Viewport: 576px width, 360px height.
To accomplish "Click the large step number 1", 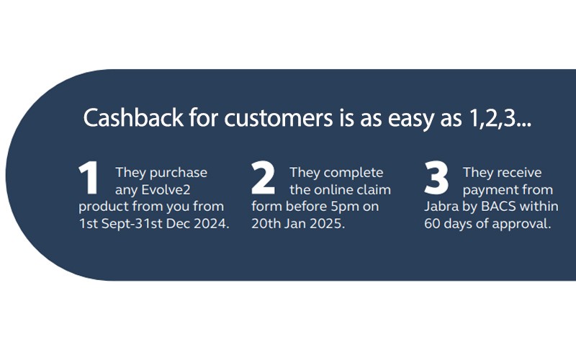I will [x=89, y=179].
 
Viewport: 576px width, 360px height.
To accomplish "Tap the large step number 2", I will [x=264, y=179].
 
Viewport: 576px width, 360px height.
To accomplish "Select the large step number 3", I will [x=436, y=179].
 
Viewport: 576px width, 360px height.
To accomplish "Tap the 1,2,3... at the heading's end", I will [x=496, y=118].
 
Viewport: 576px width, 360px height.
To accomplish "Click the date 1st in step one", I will [x=89, y=224].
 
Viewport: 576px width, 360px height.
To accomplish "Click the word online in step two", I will [x=336, y=190].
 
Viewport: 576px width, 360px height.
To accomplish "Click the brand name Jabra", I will [x=441, y=207].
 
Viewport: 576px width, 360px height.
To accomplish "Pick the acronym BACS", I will [x=498, y=207].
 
